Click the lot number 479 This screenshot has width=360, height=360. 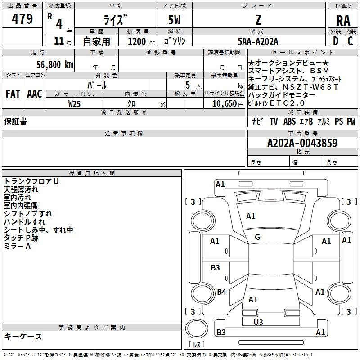coord(23,19)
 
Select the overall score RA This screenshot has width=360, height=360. coord(343,20)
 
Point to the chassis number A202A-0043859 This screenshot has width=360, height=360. coord(302,143)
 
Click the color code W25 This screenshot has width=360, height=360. coord(75,103)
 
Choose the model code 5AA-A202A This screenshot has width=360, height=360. coord(258,41)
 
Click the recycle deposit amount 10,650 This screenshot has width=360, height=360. coord(224,103)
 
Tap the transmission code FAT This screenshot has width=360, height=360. coord(13,94)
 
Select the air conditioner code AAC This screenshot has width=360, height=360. coord(35,94)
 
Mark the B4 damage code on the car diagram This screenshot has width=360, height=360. coord(221,292)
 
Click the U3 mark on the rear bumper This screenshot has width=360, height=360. coord(258,322)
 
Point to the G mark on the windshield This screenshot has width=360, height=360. coord(257,237)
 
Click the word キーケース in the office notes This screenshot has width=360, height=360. coord(23,336)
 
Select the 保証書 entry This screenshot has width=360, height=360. coord(15,121)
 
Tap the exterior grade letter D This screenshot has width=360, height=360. coord(335,41)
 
